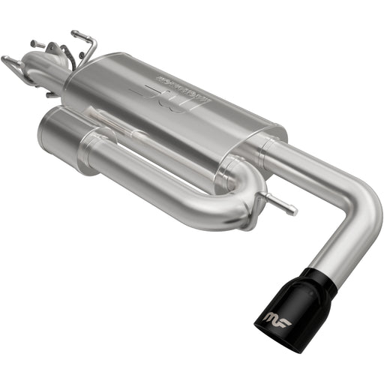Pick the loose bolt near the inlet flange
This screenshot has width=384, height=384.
(36, 43)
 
